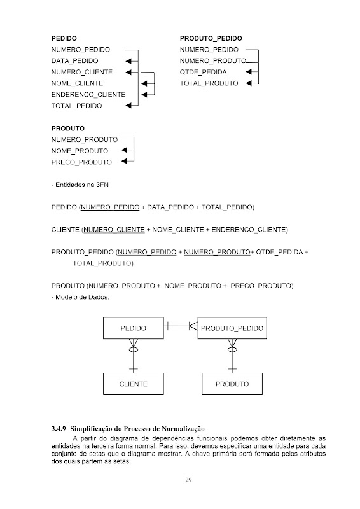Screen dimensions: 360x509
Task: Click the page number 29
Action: pos(188,480)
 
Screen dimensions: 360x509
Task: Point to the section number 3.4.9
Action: pos(59,428)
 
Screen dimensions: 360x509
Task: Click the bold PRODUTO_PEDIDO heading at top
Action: pos(211,38)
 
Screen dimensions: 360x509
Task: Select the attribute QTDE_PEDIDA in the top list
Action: pos(203,72)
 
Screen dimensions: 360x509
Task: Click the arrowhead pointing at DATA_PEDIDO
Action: pos(128,61)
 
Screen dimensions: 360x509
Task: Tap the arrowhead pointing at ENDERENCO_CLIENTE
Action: pos(144,95)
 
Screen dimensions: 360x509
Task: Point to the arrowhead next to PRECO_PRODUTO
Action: pos(124,162)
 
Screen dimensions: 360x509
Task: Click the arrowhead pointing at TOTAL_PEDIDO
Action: pos(128,105)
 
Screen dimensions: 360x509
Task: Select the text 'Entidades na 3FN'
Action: pos(82,185)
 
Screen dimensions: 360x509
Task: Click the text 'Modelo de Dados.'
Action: pos(83,297)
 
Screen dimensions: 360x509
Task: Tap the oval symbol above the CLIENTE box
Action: pos(134,349)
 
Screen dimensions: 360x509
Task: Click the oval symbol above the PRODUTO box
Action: pos(232,349)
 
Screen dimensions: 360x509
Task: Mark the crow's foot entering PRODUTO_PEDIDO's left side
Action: pos(193,326)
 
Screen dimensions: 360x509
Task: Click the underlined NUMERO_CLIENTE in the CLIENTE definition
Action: pos(114,230)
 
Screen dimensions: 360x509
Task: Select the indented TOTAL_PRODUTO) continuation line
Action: pos(103,263)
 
